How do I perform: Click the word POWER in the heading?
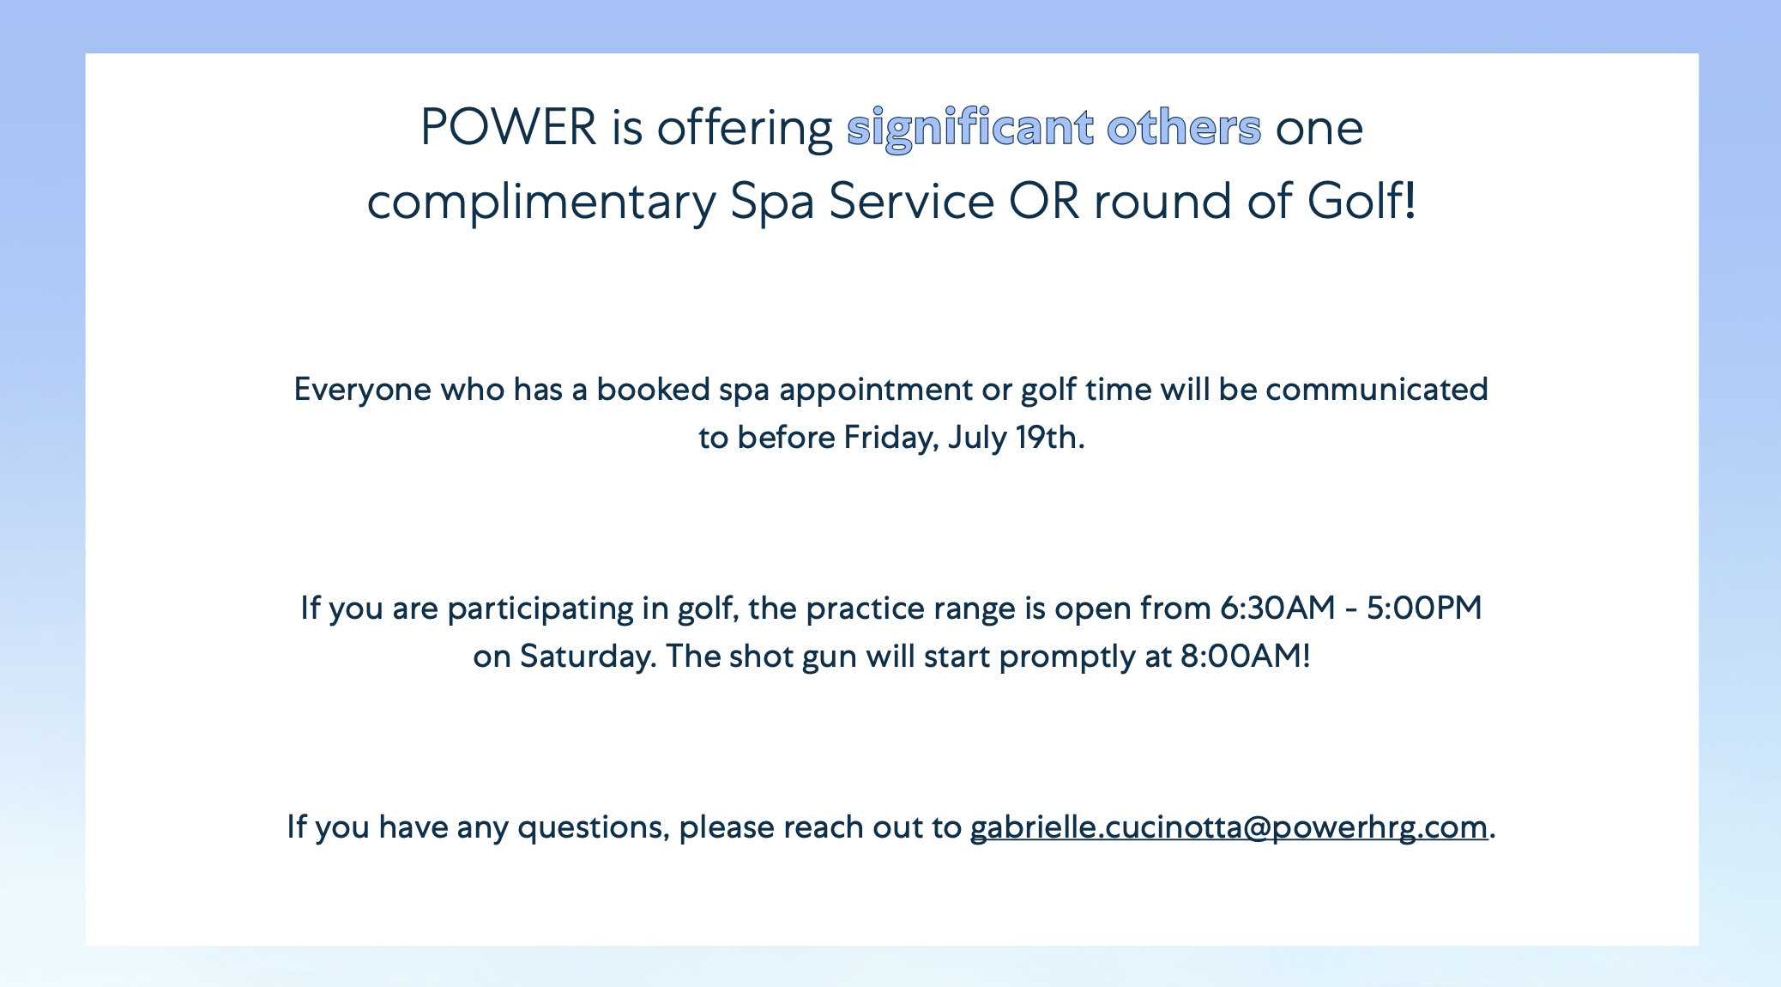point(508,128)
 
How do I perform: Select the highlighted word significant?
point(969,130)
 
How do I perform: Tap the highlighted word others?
point(1184,128)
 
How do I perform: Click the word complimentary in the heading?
point(541,203)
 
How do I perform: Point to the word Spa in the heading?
point(772,203)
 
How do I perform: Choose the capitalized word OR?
point(1044,202)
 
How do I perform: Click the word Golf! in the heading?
point(1361,202)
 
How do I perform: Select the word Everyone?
point(363,391)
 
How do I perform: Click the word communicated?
point(1377,390)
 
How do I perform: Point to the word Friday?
point(890,439)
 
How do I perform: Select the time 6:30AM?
point(1277,609)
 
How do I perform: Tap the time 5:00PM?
point(1424,609)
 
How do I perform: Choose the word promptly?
point(1067,657)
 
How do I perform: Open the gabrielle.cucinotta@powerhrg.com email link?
point(1229,827)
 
